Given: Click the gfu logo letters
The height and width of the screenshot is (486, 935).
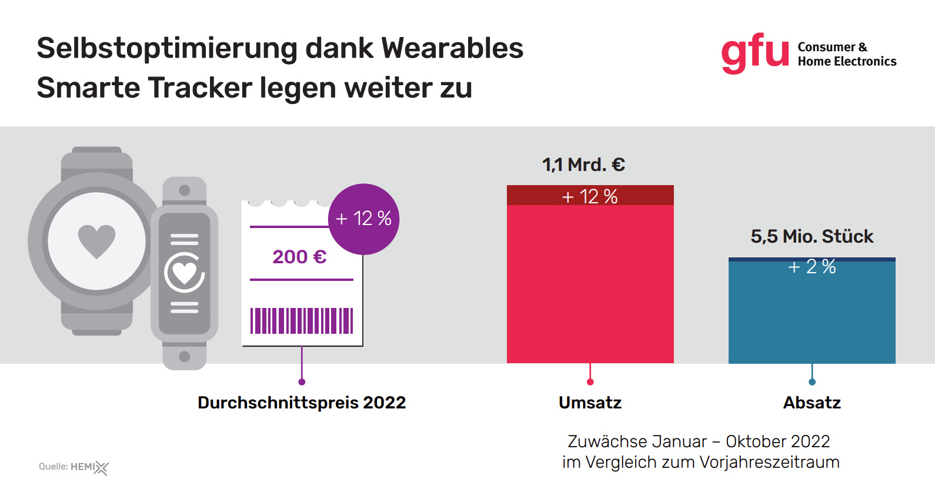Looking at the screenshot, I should (x=754, y=52).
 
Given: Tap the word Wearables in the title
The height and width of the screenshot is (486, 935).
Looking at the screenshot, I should (x=452, y=48).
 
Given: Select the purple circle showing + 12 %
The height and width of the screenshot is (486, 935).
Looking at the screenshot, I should (x=363, y=219).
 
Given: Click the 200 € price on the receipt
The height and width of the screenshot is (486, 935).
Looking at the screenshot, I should (x=299, y=257).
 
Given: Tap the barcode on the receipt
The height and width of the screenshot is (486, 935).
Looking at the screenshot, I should (x=302, y=321).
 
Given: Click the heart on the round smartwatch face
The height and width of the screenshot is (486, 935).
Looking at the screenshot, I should (x=97, y=240).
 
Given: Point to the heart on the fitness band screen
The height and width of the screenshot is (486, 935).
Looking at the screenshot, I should (x=184, y=272).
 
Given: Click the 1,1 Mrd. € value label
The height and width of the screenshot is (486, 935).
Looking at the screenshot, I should (x=583, y=165).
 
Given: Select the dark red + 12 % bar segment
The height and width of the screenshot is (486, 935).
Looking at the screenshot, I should (x=590, y=196).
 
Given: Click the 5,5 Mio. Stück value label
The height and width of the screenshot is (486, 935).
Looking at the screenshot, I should (x=812, y=236).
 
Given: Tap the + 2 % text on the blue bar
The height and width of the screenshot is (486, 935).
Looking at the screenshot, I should (x=812, y=267).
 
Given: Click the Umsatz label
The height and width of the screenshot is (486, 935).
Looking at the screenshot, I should (x=590, y=403).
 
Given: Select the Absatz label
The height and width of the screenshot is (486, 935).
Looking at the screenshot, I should (x=812, y=403).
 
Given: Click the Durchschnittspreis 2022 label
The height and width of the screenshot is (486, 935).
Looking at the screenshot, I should (x=302, y=403).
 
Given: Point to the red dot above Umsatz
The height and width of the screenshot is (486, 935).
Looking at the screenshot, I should (x=590, y=382).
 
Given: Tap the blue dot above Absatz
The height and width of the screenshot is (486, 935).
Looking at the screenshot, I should (x=812, y=382).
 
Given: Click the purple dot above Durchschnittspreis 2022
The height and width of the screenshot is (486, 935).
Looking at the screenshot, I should (x=302, y=382).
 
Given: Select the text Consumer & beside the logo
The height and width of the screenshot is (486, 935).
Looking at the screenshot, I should (x=832, y=47).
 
